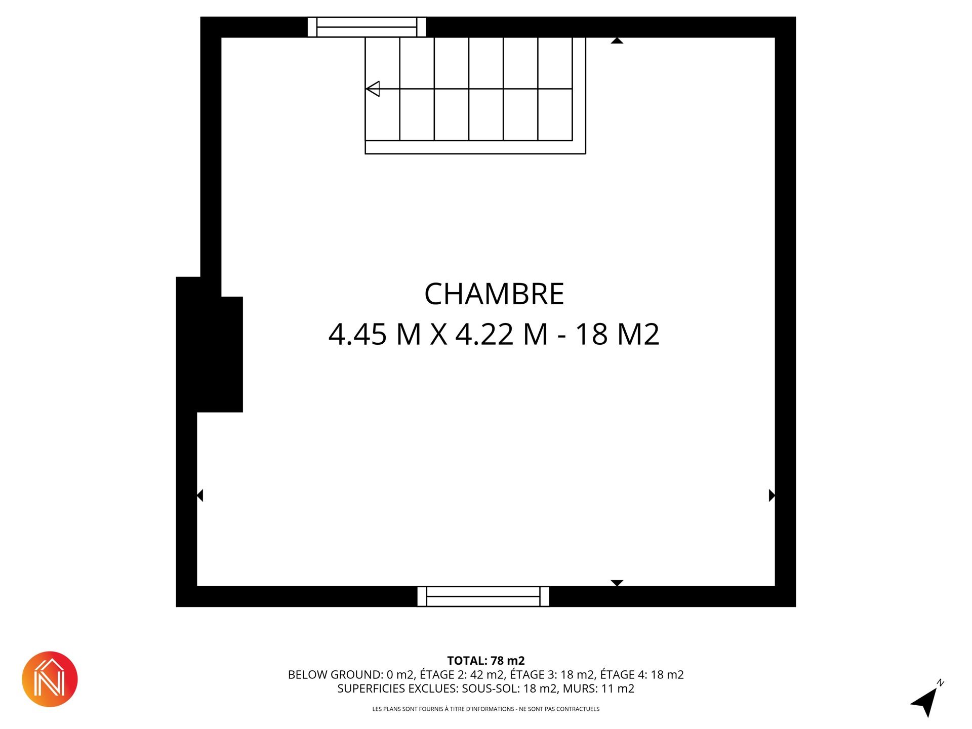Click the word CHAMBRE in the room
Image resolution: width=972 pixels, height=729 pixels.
[494, 294]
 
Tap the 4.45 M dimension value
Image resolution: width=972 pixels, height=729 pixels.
[375, 335]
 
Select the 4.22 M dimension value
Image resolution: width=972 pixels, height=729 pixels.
[502, 335]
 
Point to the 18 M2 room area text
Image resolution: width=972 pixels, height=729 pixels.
[617, 335]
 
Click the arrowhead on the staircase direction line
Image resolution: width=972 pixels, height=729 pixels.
[373, 89]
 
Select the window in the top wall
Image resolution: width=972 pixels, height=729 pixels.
[367, 27]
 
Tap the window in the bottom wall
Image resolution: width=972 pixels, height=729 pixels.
[483, 596]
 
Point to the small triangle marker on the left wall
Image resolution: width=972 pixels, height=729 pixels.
[200, 495]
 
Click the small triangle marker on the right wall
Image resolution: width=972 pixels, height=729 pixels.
[772, 495]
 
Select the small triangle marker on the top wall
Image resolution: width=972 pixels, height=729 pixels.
[617, 40]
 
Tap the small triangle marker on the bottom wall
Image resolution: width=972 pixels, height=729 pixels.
[617, 583]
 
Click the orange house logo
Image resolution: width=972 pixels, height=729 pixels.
[50, 679]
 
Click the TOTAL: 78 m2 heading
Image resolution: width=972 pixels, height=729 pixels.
[486, 661]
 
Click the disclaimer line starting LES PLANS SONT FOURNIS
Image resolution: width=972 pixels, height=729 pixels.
[486, 709]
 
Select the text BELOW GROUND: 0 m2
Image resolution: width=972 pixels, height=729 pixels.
[351, 674]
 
